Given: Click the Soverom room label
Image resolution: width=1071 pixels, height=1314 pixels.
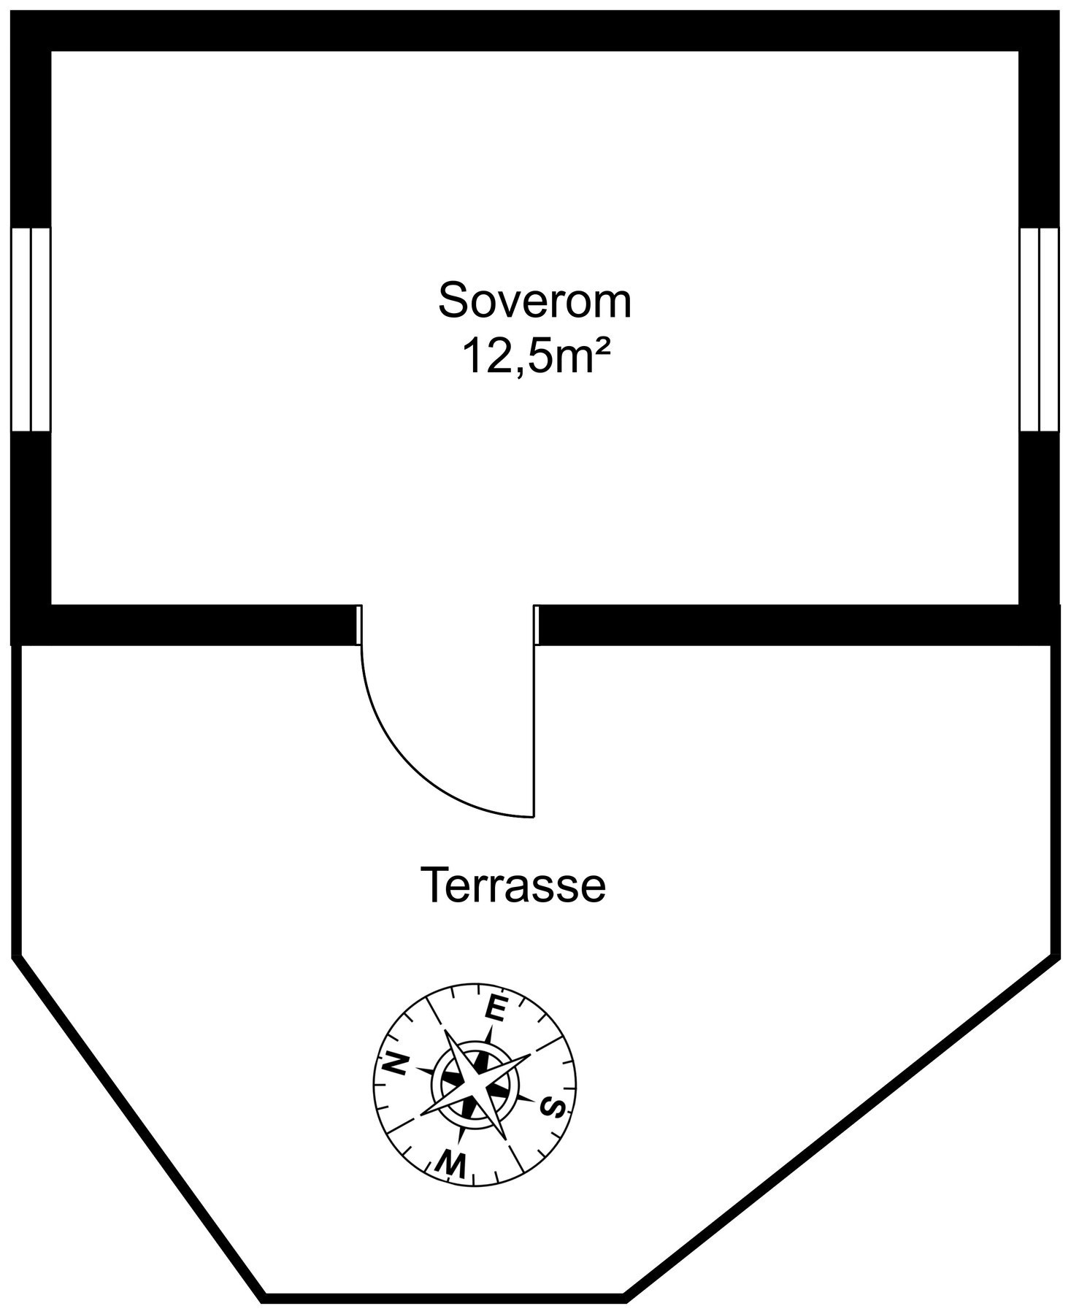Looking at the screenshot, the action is pyautogui.click(x=534, y=301).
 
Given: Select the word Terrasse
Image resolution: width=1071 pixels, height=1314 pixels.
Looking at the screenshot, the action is pyautogui.click(x=513, y=885).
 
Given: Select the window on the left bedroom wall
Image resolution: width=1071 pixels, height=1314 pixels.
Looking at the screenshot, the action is pyautogui.click(x=31, y=329).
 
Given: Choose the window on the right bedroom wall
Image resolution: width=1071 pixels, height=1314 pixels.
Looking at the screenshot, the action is pyautogui.click(x=1039, y=329).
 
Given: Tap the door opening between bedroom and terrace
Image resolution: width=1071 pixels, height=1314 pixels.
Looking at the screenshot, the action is pyautogui.click(x=448, y=625).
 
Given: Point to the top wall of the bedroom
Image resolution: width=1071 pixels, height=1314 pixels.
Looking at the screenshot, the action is pyautogui.click(x=535, y=31).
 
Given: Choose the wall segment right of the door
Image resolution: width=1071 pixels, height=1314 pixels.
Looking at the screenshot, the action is pyautogui.click(x=798, y=625).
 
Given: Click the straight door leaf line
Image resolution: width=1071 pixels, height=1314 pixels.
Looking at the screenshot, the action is pyautogui.click(x=535, y=731).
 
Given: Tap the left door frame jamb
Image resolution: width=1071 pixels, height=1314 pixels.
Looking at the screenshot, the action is pyautogui.click(x=358, y=625).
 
